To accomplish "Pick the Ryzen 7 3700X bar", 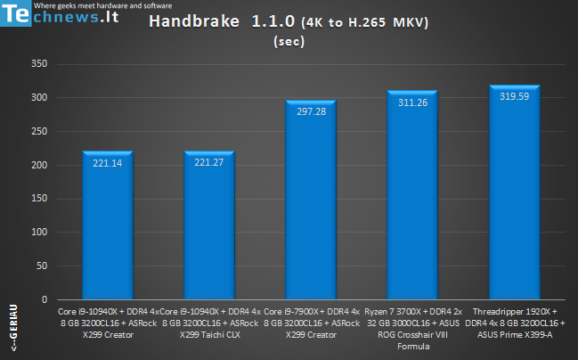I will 412,196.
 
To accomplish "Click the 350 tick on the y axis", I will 39,64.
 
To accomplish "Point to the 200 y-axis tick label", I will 39,166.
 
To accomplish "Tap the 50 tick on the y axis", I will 42,266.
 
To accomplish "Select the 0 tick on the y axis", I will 45,300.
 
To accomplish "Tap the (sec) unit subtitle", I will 288,40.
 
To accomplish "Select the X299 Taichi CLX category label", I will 209,334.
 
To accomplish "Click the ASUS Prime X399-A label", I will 514,334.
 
